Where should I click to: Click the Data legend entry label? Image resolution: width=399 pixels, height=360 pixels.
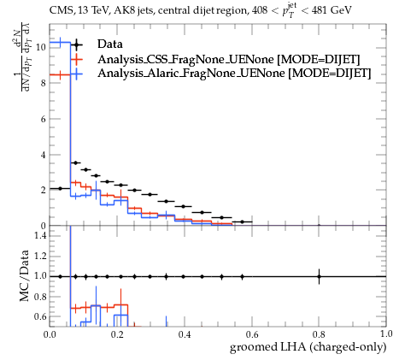tap(110, 44)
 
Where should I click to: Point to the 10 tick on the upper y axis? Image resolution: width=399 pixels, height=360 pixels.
tap(41, 47)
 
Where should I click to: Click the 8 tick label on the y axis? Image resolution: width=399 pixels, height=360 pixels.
tap(44, 83)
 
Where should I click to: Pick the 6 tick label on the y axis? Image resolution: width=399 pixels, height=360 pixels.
tap(44, 119)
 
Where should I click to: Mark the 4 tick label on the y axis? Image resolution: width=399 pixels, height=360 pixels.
tap(44, 156)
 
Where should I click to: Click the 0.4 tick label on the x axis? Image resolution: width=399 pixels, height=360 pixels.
tap(185, 333)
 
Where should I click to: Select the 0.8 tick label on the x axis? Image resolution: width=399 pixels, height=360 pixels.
tap(319, 333)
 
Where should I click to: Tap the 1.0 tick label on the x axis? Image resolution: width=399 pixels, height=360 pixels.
tap(386, 333)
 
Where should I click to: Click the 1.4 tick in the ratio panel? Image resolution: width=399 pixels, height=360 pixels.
tap(40, 235)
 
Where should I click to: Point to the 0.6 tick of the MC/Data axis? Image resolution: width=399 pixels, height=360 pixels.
tap(40, 316)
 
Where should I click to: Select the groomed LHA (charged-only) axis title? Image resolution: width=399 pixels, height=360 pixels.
tap(308, 347)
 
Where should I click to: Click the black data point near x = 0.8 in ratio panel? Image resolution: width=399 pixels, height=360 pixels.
tap(319, 276)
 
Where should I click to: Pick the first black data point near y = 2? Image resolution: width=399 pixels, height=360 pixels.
tap(60, 189)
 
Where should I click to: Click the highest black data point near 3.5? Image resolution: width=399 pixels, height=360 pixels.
tap(75, 162)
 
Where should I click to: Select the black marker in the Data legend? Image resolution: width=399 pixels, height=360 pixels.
tap(76, 44)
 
